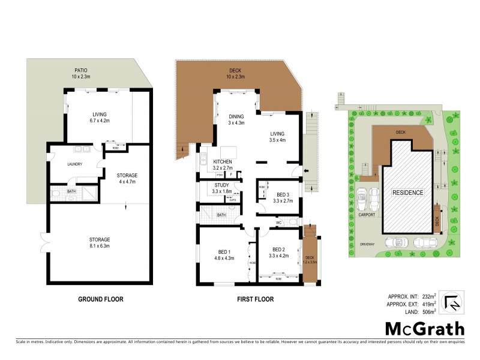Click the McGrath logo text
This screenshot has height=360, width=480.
point(424,328)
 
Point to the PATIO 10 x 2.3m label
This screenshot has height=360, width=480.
point(77,73)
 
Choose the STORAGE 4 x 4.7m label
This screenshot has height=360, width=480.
point(127,178)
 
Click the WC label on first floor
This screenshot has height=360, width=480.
point(279,223)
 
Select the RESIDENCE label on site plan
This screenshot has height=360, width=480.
point(408,193)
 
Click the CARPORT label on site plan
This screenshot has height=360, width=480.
point(367,214)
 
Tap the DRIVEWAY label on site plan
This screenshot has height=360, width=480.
point(367,244)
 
